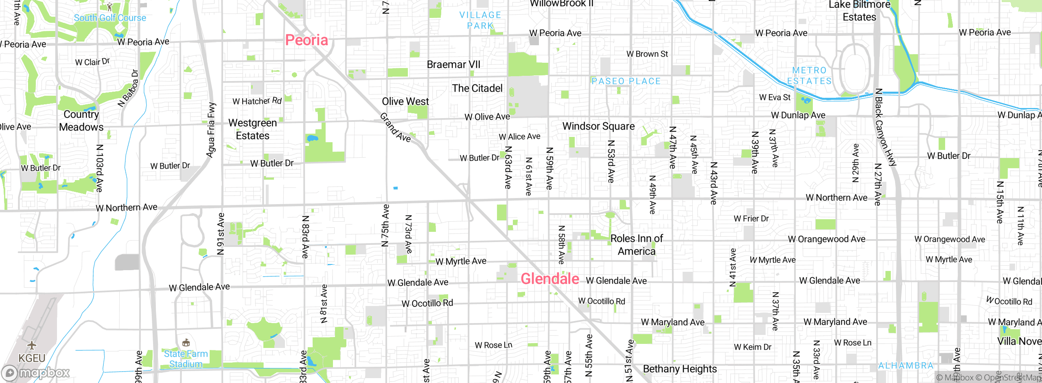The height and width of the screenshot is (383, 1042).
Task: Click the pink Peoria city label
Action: click(306, 40)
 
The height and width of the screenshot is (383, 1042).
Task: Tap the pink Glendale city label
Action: click(550, 279)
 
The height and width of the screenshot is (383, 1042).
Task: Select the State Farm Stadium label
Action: click(186, 359)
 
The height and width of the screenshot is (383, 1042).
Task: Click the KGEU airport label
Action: click(32, 358)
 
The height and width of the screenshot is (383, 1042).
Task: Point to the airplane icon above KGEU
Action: click(32, 346)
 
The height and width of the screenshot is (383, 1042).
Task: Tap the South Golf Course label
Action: click(110, 18)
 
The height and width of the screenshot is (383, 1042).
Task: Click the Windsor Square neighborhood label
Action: click(598, 126)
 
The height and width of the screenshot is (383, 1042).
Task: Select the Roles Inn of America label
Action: click(637, 244)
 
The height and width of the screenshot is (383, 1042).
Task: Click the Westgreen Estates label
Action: click(252, 129)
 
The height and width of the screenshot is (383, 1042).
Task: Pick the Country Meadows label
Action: click(81, 121)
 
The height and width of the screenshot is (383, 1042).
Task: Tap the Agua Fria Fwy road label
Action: click(211, 130)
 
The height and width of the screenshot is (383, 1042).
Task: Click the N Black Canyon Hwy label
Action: click(886, 127)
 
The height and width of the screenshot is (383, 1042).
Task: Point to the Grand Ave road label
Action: click(395, 128)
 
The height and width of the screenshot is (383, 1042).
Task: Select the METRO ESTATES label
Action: click(809, 76)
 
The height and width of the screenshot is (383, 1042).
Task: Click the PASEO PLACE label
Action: click(626, 81)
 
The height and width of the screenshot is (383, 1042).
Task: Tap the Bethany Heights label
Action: click(680, 369)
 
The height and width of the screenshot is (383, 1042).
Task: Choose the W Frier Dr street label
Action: click(751, 218)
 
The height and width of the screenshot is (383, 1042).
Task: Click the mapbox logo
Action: click(36, 372)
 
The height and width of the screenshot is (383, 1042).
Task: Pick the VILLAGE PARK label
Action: click(480, 20)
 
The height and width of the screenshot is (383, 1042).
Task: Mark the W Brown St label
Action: click(647, 54)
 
